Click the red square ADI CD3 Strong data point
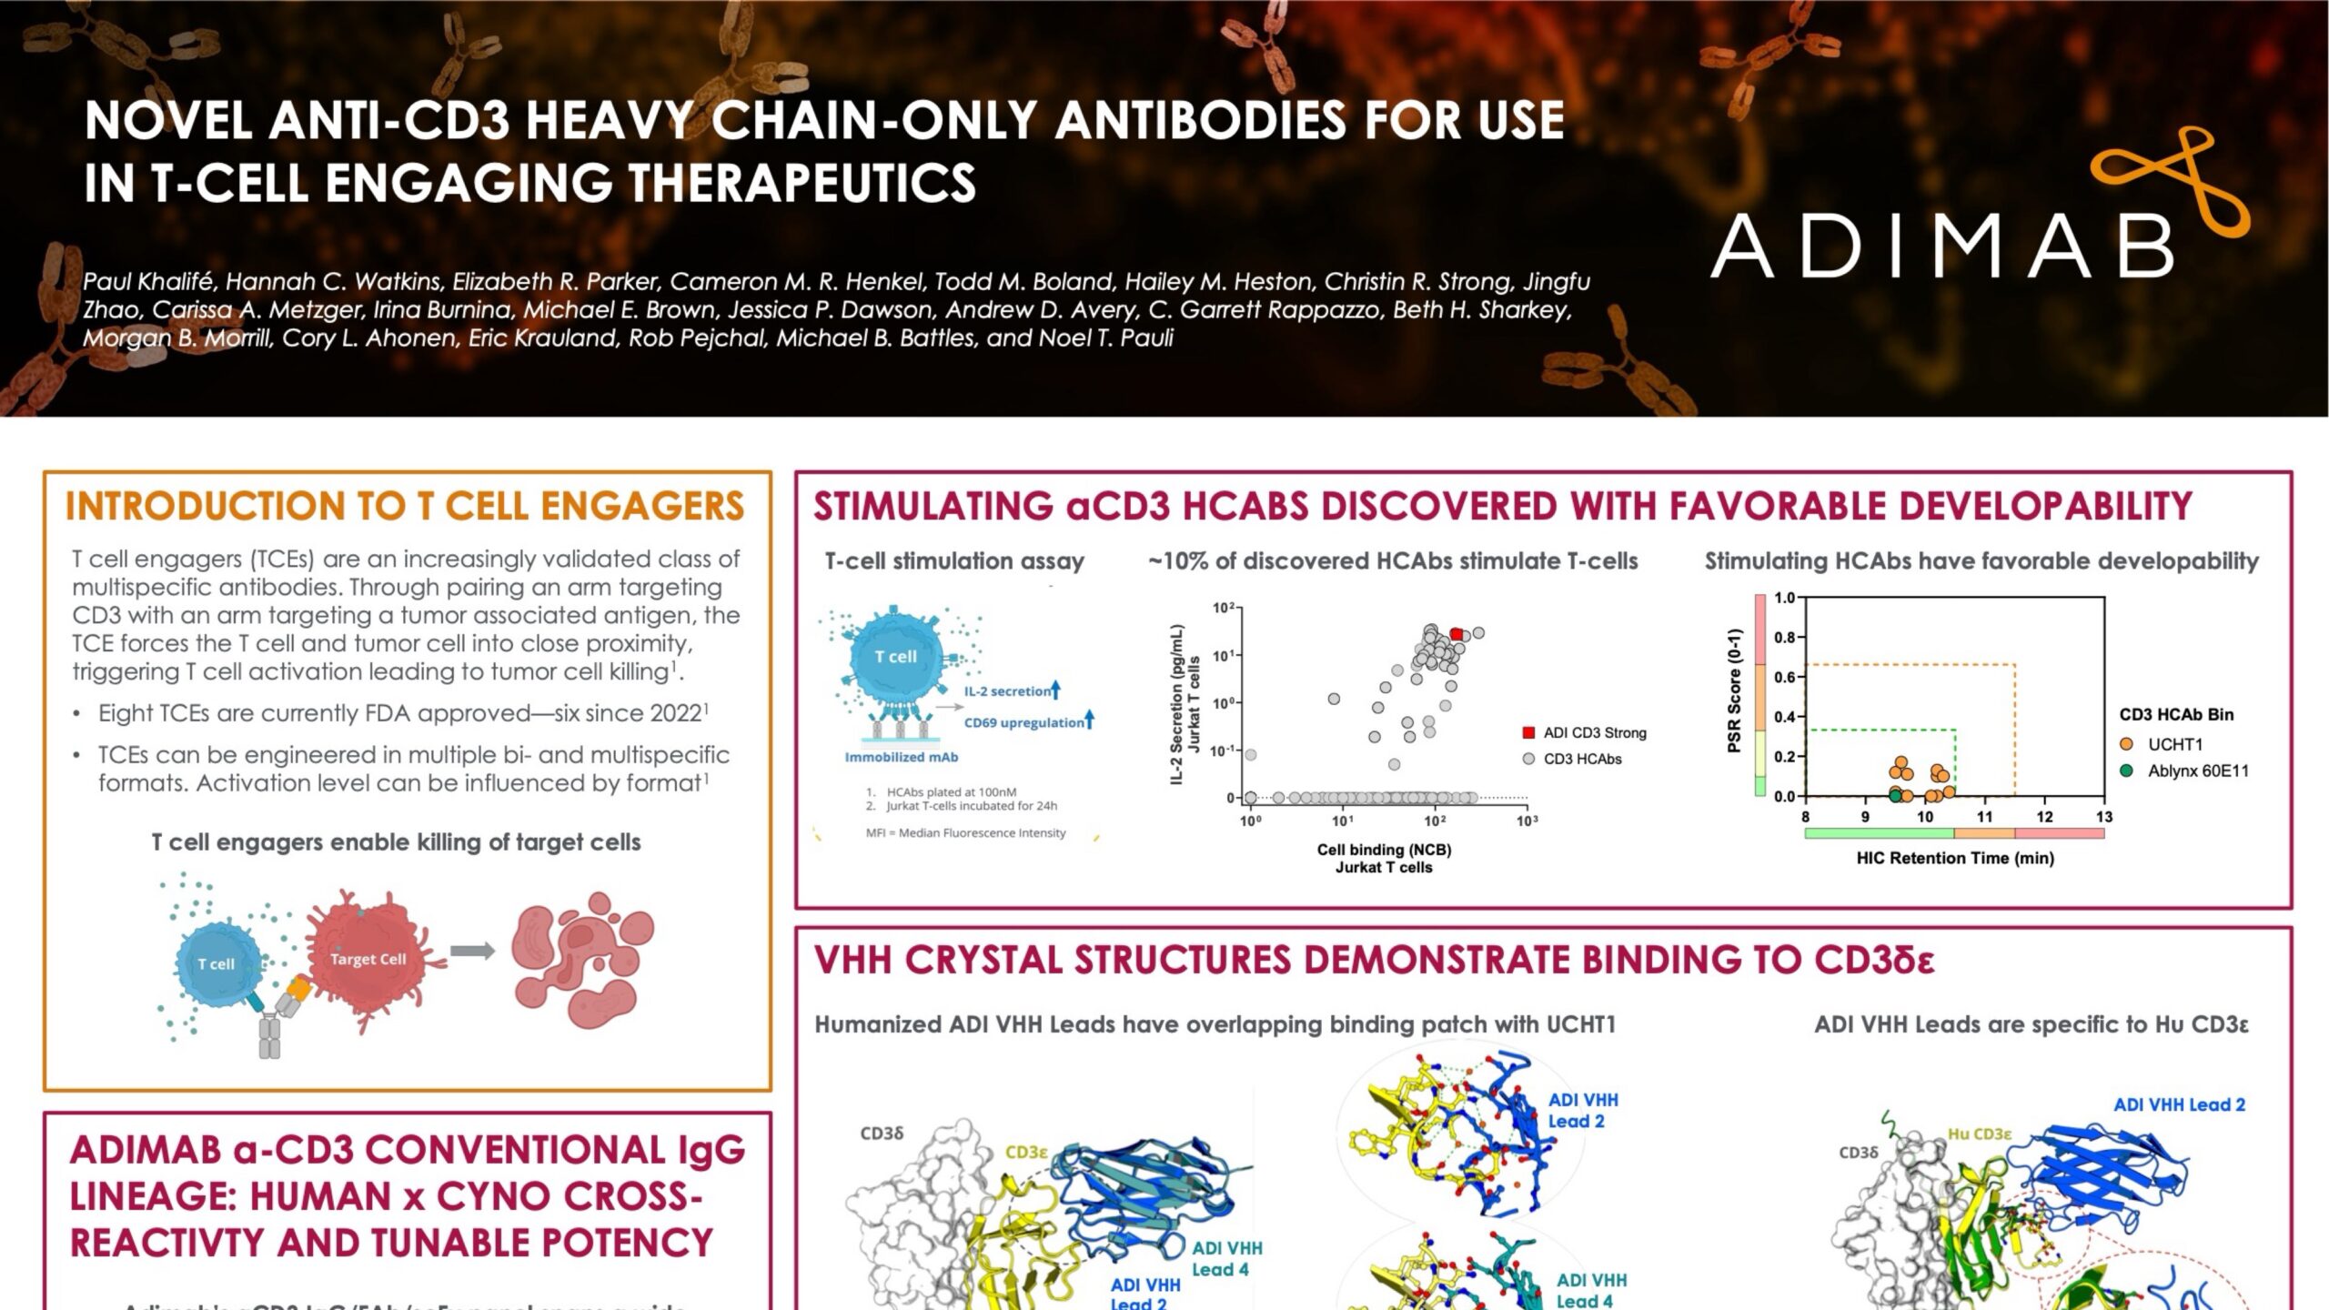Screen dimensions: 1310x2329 point(1456,634)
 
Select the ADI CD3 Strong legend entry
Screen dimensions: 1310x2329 point(1594,732)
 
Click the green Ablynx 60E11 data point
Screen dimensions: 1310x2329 point(1895,795)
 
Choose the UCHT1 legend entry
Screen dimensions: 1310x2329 point(2174,744)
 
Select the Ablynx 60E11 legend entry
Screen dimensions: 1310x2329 point(2197,771)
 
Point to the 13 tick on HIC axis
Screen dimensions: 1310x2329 point(2103,817)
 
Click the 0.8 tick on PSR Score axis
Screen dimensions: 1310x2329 point(1784,637)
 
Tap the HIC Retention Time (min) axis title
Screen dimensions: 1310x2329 point(1955,858)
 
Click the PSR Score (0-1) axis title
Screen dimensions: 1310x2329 point(1734,691)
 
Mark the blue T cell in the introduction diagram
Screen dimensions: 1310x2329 point(217,963)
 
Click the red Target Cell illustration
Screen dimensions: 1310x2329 point(368,959)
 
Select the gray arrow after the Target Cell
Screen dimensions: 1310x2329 point(473,951)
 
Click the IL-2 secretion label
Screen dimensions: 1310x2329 point(1007,691)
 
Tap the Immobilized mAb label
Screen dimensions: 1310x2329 point(901,757)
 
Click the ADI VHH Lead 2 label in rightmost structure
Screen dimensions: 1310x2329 point(2179,1104)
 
